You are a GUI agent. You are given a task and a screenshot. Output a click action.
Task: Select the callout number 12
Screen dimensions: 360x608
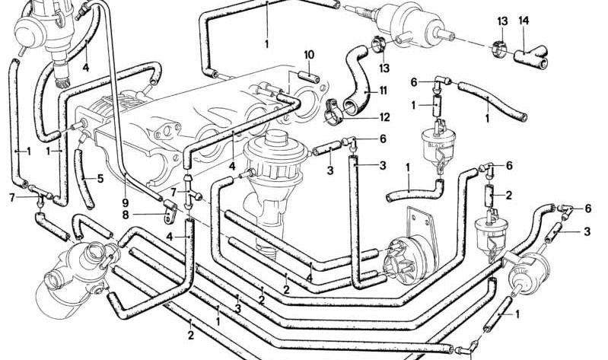(384, 117)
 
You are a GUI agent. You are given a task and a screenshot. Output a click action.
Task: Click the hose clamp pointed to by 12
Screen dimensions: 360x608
(335, 110)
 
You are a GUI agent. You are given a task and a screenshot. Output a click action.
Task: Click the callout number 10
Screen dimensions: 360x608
(308, 55)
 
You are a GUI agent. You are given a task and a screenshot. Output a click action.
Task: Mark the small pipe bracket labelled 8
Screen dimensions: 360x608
(169, 209)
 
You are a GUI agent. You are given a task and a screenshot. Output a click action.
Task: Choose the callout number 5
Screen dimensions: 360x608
(100, 180)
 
